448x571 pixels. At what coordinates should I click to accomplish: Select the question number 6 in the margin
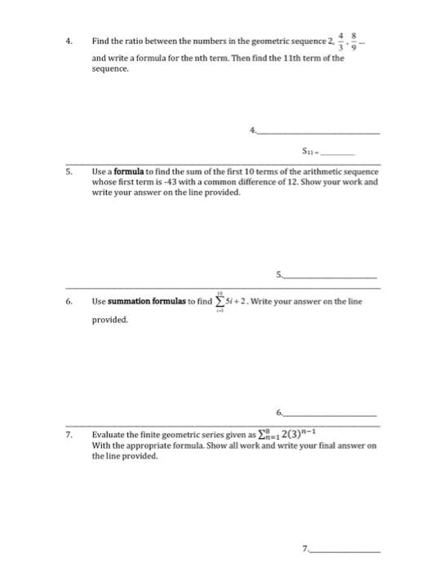point(72,303)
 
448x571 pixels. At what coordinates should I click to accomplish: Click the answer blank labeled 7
point(318,549)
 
